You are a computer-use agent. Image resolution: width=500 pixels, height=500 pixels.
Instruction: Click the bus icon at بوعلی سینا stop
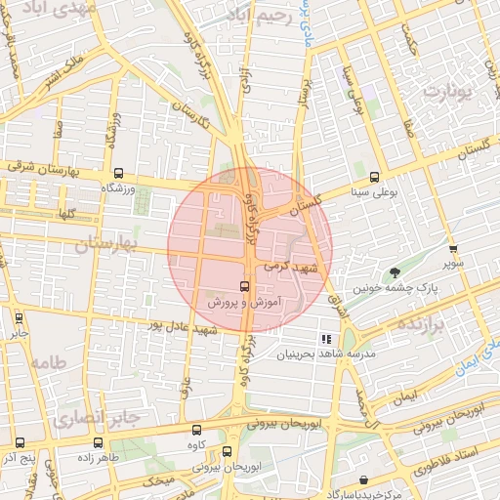coord(375,177)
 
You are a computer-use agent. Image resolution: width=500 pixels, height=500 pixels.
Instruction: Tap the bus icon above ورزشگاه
coord(119,172)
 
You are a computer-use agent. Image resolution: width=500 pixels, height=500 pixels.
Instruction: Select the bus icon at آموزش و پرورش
coord(243,287)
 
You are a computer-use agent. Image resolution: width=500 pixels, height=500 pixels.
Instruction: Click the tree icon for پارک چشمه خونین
coord(395,272)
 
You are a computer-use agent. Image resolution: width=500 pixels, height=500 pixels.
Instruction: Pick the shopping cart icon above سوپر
coord(452,249)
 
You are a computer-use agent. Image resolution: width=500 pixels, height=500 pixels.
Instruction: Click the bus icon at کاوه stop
coord(197,429)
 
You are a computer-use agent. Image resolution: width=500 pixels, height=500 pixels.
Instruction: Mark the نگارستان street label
coord(190,116)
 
